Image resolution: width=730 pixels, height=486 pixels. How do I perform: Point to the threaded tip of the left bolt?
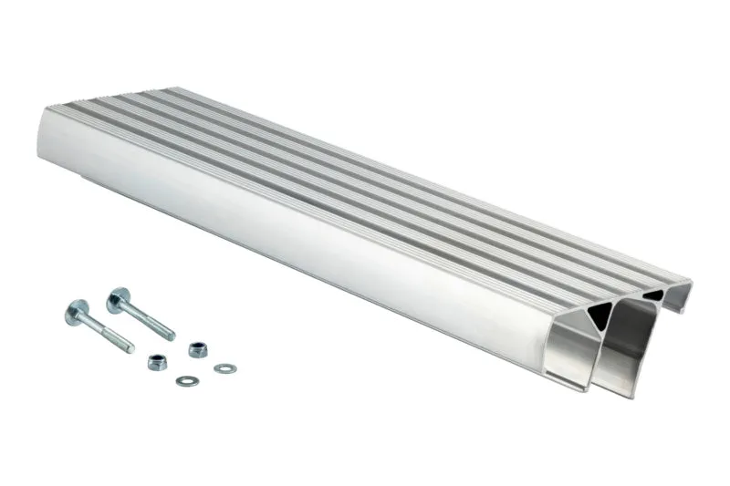point(126,346)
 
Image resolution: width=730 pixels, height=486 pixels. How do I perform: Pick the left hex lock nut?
point(158,362)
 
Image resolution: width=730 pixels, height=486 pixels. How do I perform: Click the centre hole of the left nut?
point(158,361)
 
